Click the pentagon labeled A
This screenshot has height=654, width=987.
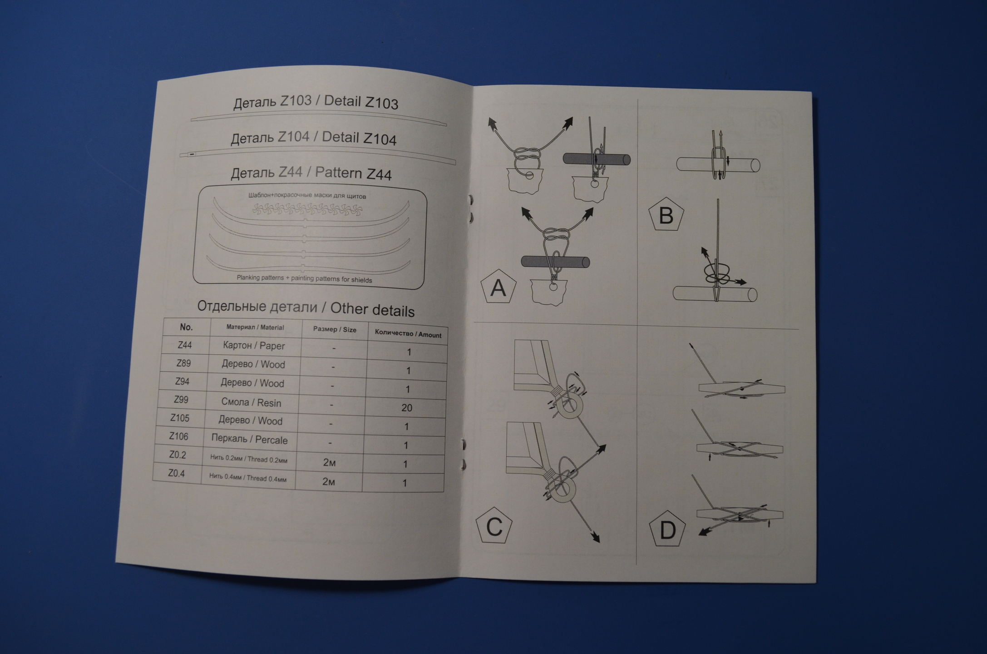tap(498, 287)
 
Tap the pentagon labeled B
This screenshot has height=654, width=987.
tap(666, 215)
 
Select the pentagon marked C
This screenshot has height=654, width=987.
tap(494, 527)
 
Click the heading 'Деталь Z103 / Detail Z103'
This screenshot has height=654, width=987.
tap(316, 102)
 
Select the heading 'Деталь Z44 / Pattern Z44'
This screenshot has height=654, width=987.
tap(311, 173)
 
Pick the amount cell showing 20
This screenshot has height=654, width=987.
tap(406, 408)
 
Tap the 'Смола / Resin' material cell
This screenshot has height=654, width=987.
tap(251, 402)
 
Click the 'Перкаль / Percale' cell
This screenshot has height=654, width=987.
tap(249, 439)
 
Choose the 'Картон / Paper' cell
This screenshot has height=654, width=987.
tap(254, 346)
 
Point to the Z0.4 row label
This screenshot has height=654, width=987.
tap(177, 473)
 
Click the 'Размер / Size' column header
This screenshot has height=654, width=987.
tap(335, 329)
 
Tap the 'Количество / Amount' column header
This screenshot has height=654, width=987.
tap(408, 334)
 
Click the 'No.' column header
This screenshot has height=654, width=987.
tap(186, 327)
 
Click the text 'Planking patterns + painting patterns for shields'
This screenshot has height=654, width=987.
tap(304, 278)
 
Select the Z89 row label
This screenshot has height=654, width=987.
tap(183, 363)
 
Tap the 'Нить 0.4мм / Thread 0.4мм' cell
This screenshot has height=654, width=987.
tap(247, 478)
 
